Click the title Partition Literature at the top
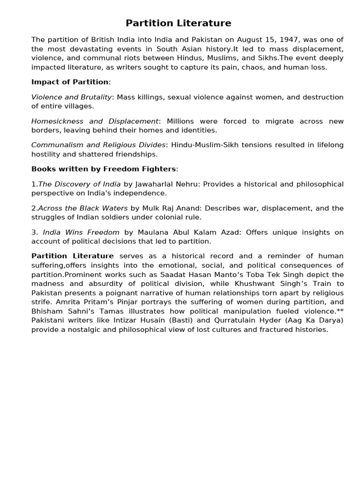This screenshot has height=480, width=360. coord(178,23)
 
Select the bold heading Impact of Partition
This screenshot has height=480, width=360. coord(70,82)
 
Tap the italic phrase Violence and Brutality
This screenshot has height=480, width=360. coord(71,97)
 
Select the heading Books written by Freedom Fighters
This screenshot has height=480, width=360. coord(104,169)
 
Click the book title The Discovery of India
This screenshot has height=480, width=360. coord(79,184)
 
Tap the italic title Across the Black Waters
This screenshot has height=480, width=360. coord(82,208)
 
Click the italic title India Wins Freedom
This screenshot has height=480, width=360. coord(81,232)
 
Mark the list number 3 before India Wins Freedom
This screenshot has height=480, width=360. coord(33,232)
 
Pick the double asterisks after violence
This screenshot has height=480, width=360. coord(340,311)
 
